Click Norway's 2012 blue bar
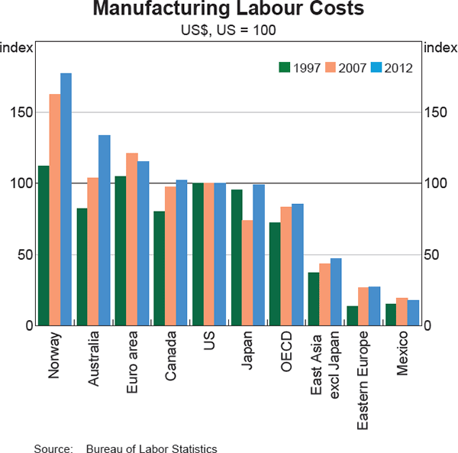tap(66, 199)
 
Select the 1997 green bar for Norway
tap(43, 245)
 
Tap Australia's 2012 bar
tap(105, 230)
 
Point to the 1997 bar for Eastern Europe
tap(352, 315)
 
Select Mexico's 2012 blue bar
tap(413, 312)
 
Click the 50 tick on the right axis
tap(432, 254)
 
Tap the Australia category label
tap(94, 358)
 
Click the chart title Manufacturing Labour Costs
tap(228, 11)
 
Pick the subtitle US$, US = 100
tap(228, 31)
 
